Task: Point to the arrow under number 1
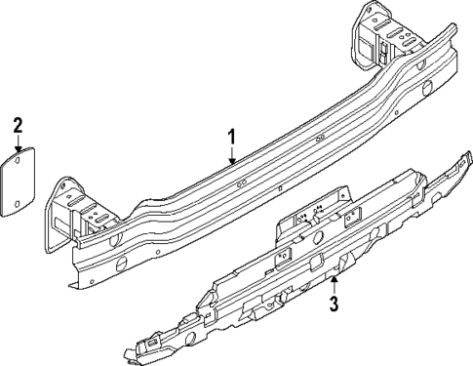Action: (x=232, y=157)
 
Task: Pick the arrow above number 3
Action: (x=334, y=284)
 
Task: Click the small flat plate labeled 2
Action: (x=19, y=180)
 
